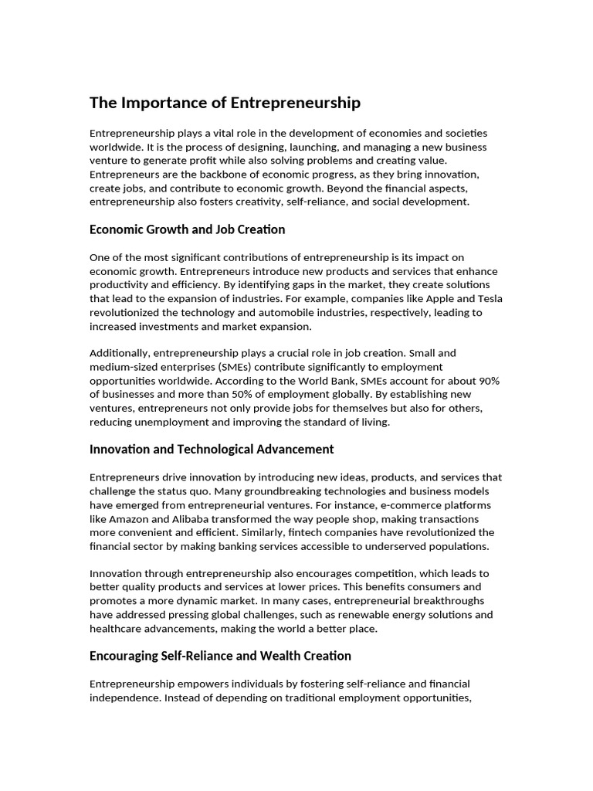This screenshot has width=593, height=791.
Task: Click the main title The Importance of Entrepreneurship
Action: pyautogui.click(x=225, y=103)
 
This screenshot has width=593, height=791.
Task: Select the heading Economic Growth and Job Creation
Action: pyautogui.click(x=187, y=229)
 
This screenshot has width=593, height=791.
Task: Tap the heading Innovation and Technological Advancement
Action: pyautogui.click(x=212, y=449)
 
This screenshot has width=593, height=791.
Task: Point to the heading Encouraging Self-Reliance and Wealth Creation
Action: pyautogui.click(x=220, y=656)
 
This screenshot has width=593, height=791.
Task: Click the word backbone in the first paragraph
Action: pyautogui.click(x=213, y=175)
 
